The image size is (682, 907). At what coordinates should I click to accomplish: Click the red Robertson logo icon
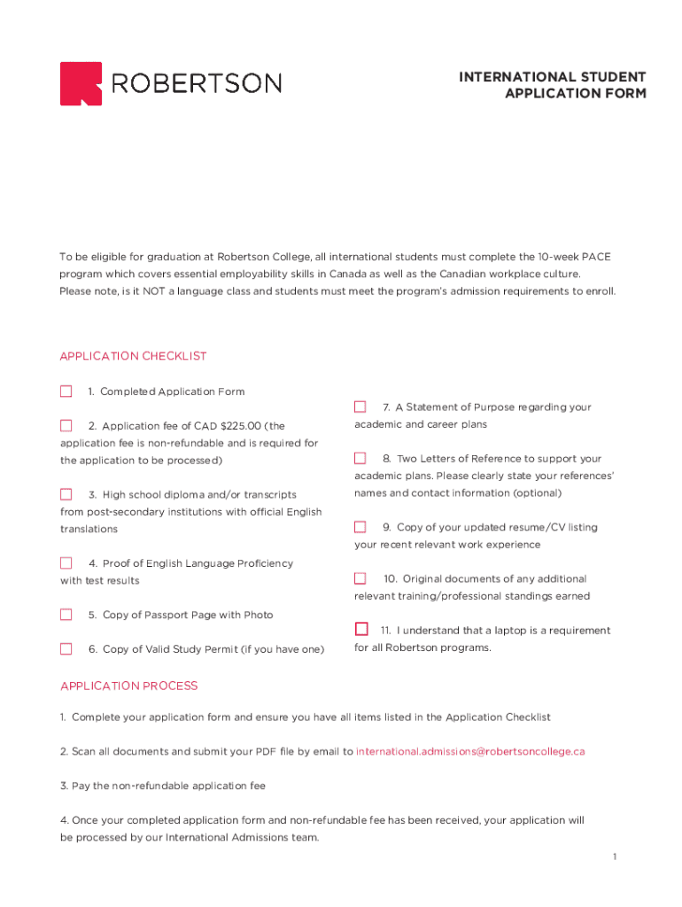(x=81, y=83)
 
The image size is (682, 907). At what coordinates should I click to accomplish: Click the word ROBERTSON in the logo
(x=197, y=83)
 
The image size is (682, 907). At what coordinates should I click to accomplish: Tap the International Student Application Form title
(x=552, y=85)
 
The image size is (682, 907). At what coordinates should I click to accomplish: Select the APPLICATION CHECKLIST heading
(x=133, y=356)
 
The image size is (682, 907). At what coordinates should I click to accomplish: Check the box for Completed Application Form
(x=66, y=391)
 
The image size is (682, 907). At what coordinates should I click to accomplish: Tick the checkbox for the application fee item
(x=66, y=426)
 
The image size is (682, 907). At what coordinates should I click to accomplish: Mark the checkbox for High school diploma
(x=66, y=494)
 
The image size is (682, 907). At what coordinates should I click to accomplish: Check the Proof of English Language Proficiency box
(x=66, y=563)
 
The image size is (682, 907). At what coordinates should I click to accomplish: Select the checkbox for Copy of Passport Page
(x=66, y=615)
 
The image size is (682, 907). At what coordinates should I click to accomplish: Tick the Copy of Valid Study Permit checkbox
(x=66, y=649)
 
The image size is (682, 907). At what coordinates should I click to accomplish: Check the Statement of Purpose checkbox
(x=360, y=407)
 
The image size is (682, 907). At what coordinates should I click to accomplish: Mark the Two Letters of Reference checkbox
(x=360, y=459)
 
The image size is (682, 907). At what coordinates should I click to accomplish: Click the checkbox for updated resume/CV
(x=360, y=527)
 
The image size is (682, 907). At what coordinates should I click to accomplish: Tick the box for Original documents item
(x=360, y=578)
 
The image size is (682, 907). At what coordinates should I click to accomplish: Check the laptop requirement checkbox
(x=361, y=630)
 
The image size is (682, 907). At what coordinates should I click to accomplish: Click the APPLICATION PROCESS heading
(x=129, y=686)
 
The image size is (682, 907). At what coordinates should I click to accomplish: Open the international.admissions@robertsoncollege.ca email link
(x=470, y=752)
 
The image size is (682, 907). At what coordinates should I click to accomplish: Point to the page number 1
(x=613, y=857)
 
